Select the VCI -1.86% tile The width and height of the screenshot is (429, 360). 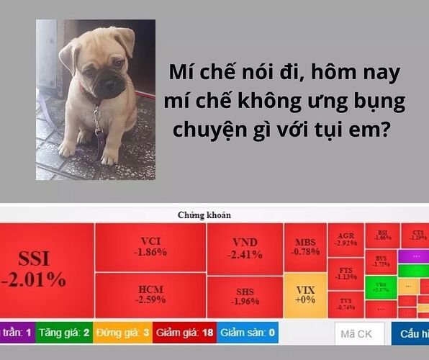point(150,246)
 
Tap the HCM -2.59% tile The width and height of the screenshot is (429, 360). point(150,294)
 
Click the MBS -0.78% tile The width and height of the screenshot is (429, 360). point(305,247)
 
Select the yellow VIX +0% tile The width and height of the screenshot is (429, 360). point(305,294)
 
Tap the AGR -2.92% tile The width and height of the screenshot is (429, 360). point(346,239)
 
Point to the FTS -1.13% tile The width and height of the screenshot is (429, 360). point(346,273)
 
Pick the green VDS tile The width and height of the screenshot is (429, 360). point(381,286)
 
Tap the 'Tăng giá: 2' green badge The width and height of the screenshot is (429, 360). point(65,332)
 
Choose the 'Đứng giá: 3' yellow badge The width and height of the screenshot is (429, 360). point(122,332)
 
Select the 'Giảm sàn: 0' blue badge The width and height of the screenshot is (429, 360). point(247,332)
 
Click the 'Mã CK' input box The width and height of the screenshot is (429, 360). point(358,333)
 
